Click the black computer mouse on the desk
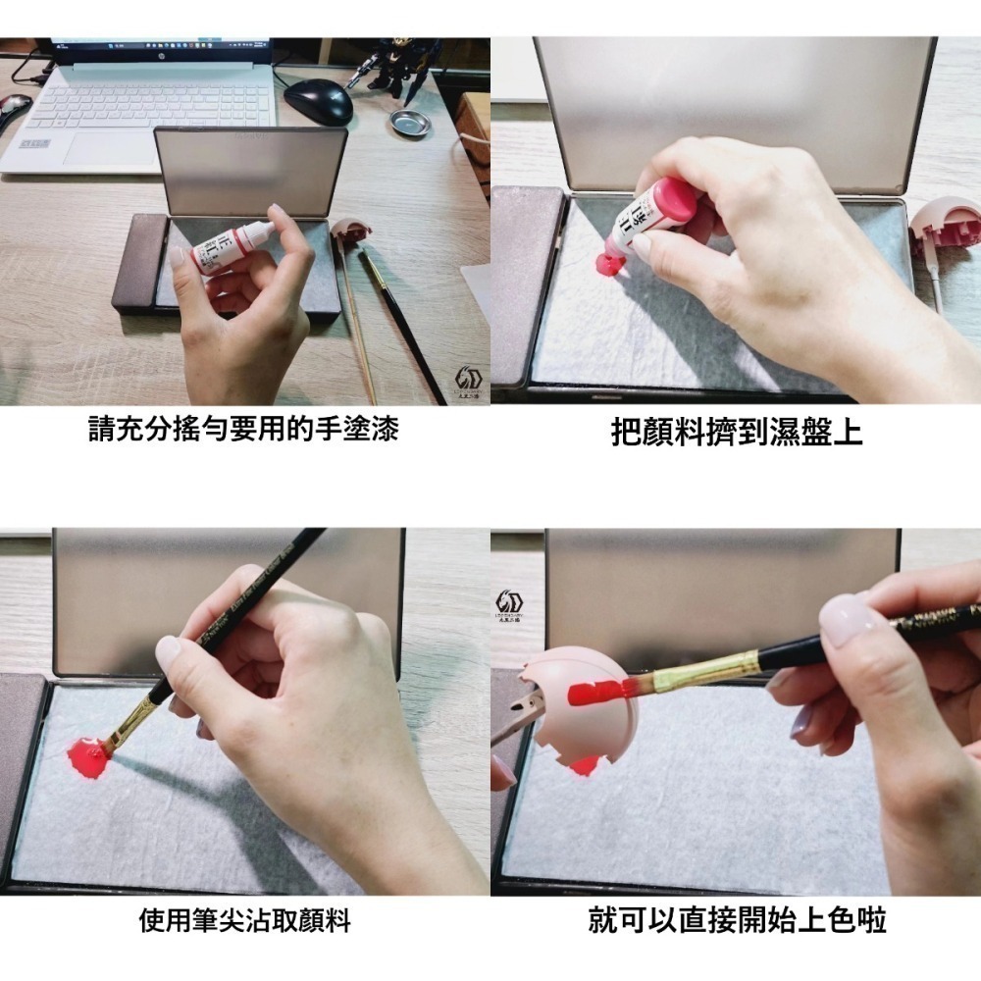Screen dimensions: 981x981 click(x=318, y=100)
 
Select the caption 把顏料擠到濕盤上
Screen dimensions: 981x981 click(x=736, y=433)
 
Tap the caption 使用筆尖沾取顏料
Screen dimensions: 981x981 click(x=244, y=921)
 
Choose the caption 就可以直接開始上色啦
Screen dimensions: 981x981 click(x=737, y=921)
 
